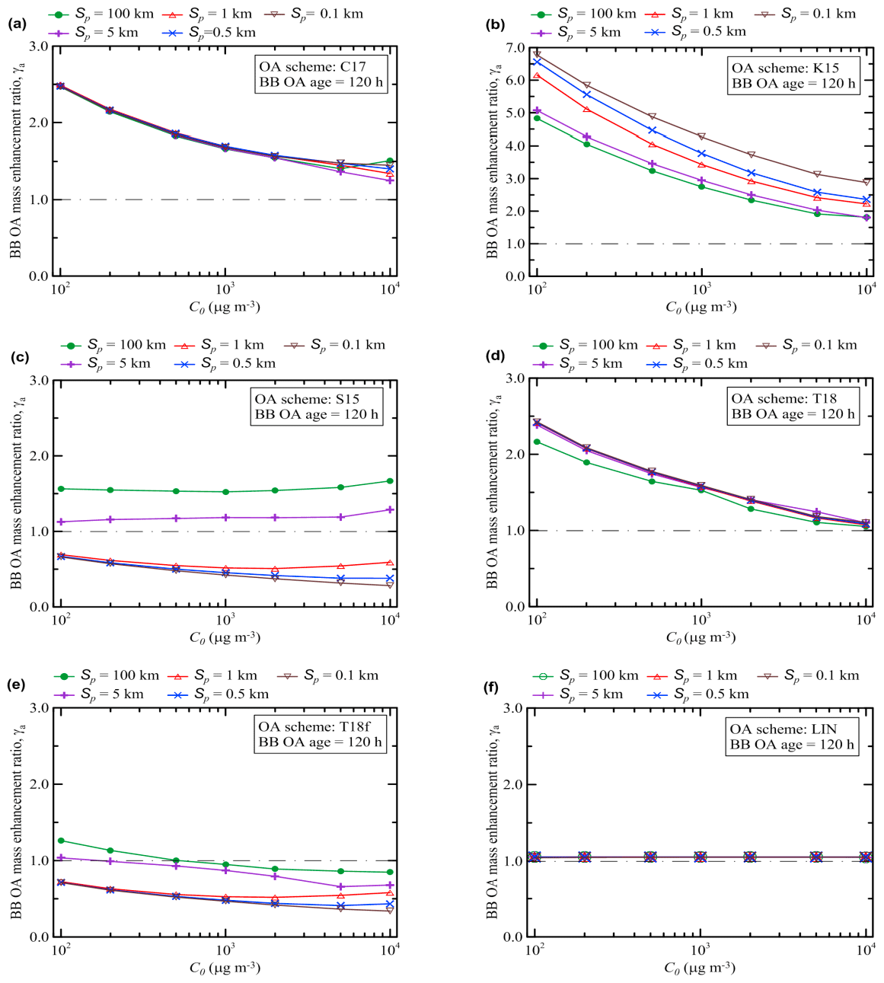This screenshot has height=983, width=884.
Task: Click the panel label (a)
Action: (16, 24)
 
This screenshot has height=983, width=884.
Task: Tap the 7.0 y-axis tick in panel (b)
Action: (515, 48)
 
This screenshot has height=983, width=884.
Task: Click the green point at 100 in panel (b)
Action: (537, 118)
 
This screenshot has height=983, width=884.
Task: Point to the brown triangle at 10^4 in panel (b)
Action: (866, 182)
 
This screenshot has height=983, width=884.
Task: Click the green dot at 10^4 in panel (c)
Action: (390, 480)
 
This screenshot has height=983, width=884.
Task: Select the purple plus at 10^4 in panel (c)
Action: (390, 509)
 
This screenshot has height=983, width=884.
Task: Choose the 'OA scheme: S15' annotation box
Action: (316, 407)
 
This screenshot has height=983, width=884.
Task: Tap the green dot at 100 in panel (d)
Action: (537, 442)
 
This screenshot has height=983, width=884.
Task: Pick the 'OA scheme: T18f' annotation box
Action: (320, 734)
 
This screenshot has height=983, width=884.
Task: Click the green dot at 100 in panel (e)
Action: (61, 841)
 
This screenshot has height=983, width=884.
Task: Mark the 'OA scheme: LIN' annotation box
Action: (792, 736)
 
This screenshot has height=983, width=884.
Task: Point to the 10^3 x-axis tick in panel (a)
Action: (225, 290)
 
